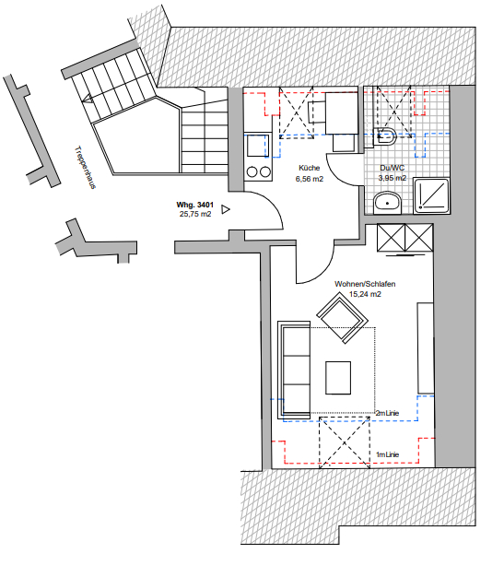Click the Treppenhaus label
tap(85, 167)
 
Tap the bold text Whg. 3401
tap(195, 205)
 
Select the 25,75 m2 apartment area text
tap(195, 214)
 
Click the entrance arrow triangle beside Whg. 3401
tap(226, 209)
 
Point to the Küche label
tap(309, 168)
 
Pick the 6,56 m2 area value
tap(310, 179)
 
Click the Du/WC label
tap(392, 168)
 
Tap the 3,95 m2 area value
tap(392, 178)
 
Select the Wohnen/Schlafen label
tap(365, 284)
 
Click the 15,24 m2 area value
tap(365, 294)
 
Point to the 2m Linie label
tap(387, 413)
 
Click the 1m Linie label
tap(387, 454)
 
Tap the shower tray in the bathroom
tap(431, 195)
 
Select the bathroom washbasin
tap(387, 203)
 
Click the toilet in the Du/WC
tap(385, 136)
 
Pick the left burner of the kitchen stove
tap(252, 171)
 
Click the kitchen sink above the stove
tap(258, 146)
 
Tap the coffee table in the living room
tap(338, 378)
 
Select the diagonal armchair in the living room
tap(342, 318)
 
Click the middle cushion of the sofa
tap(297, 370)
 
